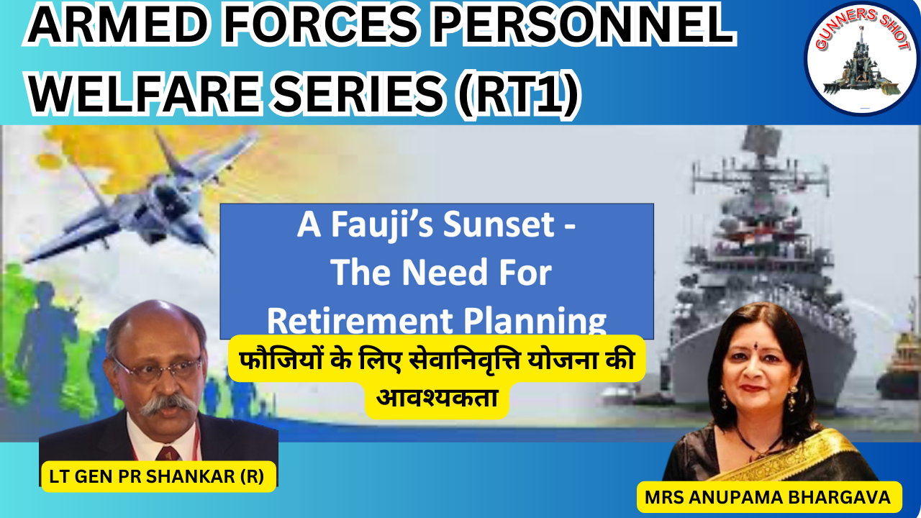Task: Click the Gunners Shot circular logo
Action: pyautogui.click(x=862, y=60)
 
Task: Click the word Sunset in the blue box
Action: pyautogui.click(x=499, y=224)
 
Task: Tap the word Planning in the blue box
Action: pyautogui.click(x=535, y=322)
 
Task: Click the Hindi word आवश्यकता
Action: pyautogui.click(x=437, y=398)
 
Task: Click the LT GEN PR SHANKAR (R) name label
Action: pyautogui.click(x=157, y=476)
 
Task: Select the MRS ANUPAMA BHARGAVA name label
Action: pyautogui.click(x=767, y=497)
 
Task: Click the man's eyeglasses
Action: pyautogui.click(x=158, y=369)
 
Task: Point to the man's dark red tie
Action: pyautogui.click(x=168, y=453)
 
